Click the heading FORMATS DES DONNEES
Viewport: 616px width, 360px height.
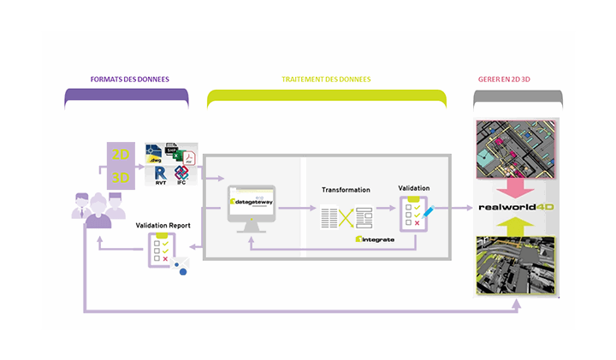[x=129, y=80]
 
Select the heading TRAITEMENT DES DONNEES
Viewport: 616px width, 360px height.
[x=326, y=80]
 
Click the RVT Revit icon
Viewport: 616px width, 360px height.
[x=160, y=175]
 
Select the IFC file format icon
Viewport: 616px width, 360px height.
[x=181, y=175]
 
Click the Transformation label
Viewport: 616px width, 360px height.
[x=346, y=190]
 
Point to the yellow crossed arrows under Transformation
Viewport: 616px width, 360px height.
[x=346, y=217]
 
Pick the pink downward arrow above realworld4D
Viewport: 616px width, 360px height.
[x=517, y=186]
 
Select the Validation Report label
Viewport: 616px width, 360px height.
[x=163, y=226]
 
